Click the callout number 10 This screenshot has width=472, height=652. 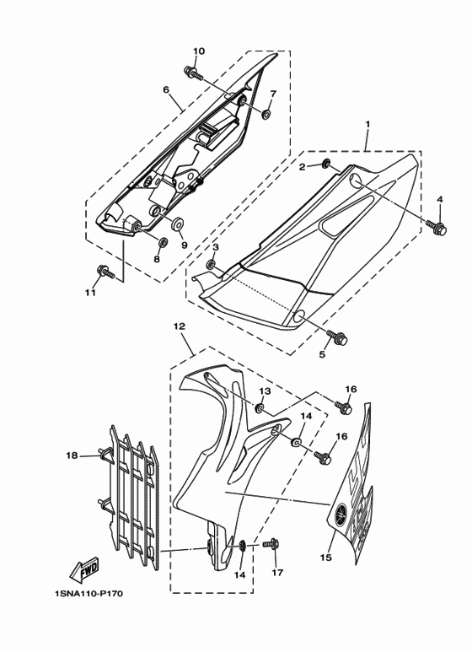199,51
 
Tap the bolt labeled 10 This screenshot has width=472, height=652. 193,73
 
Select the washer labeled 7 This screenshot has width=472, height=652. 265,113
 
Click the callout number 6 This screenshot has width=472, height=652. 166,89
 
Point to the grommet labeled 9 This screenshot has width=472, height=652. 179,224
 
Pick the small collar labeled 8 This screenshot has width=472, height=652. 164,241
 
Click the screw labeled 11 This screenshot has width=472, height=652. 105,272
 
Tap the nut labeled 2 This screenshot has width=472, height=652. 326,164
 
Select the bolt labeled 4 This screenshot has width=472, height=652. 437,227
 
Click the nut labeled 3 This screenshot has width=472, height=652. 212,264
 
